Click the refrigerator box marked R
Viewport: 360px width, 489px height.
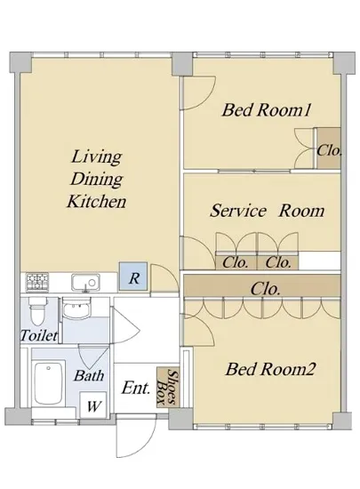click(133, 277)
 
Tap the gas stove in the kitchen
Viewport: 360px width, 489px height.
click(37, 282)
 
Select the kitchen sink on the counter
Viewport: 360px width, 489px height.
click(85, 283)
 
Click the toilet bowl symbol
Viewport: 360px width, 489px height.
click(37, 311)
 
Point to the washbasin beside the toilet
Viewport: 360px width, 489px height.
click(76, 308)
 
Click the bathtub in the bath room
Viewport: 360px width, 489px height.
click(48, 383)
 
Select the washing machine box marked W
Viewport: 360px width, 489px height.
click(93, 405)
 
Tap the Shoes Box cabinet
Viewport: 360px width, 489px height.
click(168, 388)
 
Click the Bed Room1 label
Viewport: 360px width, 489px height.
click(267, 110)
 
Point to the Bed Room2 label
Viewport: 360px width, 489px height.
click(270, 369)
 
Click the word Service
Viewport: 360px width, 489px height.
click(238, 211)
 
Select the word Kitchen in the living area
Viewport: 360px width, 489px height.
click(97, 201)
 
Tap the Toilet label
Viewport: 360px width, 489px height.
click(39, 335)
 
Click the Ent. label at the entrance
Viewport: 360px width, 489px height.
click(136, 389)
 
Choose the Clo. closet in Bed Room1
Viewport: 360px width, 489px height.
click(329, 148)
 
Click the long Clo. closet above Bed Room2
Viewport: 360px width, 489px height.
click(262, 285)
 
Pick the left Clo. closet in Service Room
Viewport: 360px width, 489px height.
click(236, 262)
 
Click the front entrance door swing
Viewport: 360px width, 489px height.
click(136, 436)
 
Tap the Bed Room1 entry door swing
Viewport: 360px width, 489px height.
click(198, 93)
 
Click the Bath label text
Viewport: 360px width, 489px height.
click(89, 375)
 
